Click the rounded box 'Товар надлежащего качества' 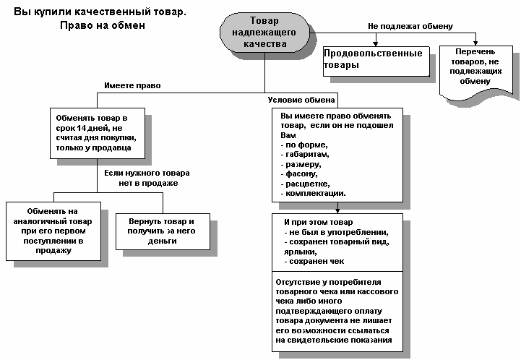click(264, 33)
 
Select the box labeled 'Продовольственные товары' click(376, 61)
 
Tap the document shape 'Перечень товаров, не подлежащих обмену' click(475, 72)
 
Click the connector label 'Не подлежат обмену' click(410, 26)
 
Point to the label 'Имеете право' click(132, 85)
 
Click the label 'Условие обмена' click(301, 100)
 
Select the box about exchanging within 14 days click(98, 133)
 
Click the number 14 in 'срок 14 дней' click(82, 128)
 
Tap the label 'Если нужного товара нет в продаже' click(147, 178)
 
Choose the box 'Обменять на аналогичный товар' click(53, 231)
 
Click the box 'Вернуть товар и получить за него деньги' click(163, 231)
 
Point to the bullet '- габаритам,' click(305, 155)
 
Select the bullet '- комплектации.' click(313, 193)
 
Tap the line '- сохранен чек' click(314, 261)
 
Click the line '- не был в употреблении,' click(336, 232)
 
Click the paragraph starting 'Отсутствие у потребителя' click(337, 311)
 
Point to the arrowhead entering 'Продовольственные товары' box click(376, 44)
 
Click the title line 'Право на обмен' click(103, 25)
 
